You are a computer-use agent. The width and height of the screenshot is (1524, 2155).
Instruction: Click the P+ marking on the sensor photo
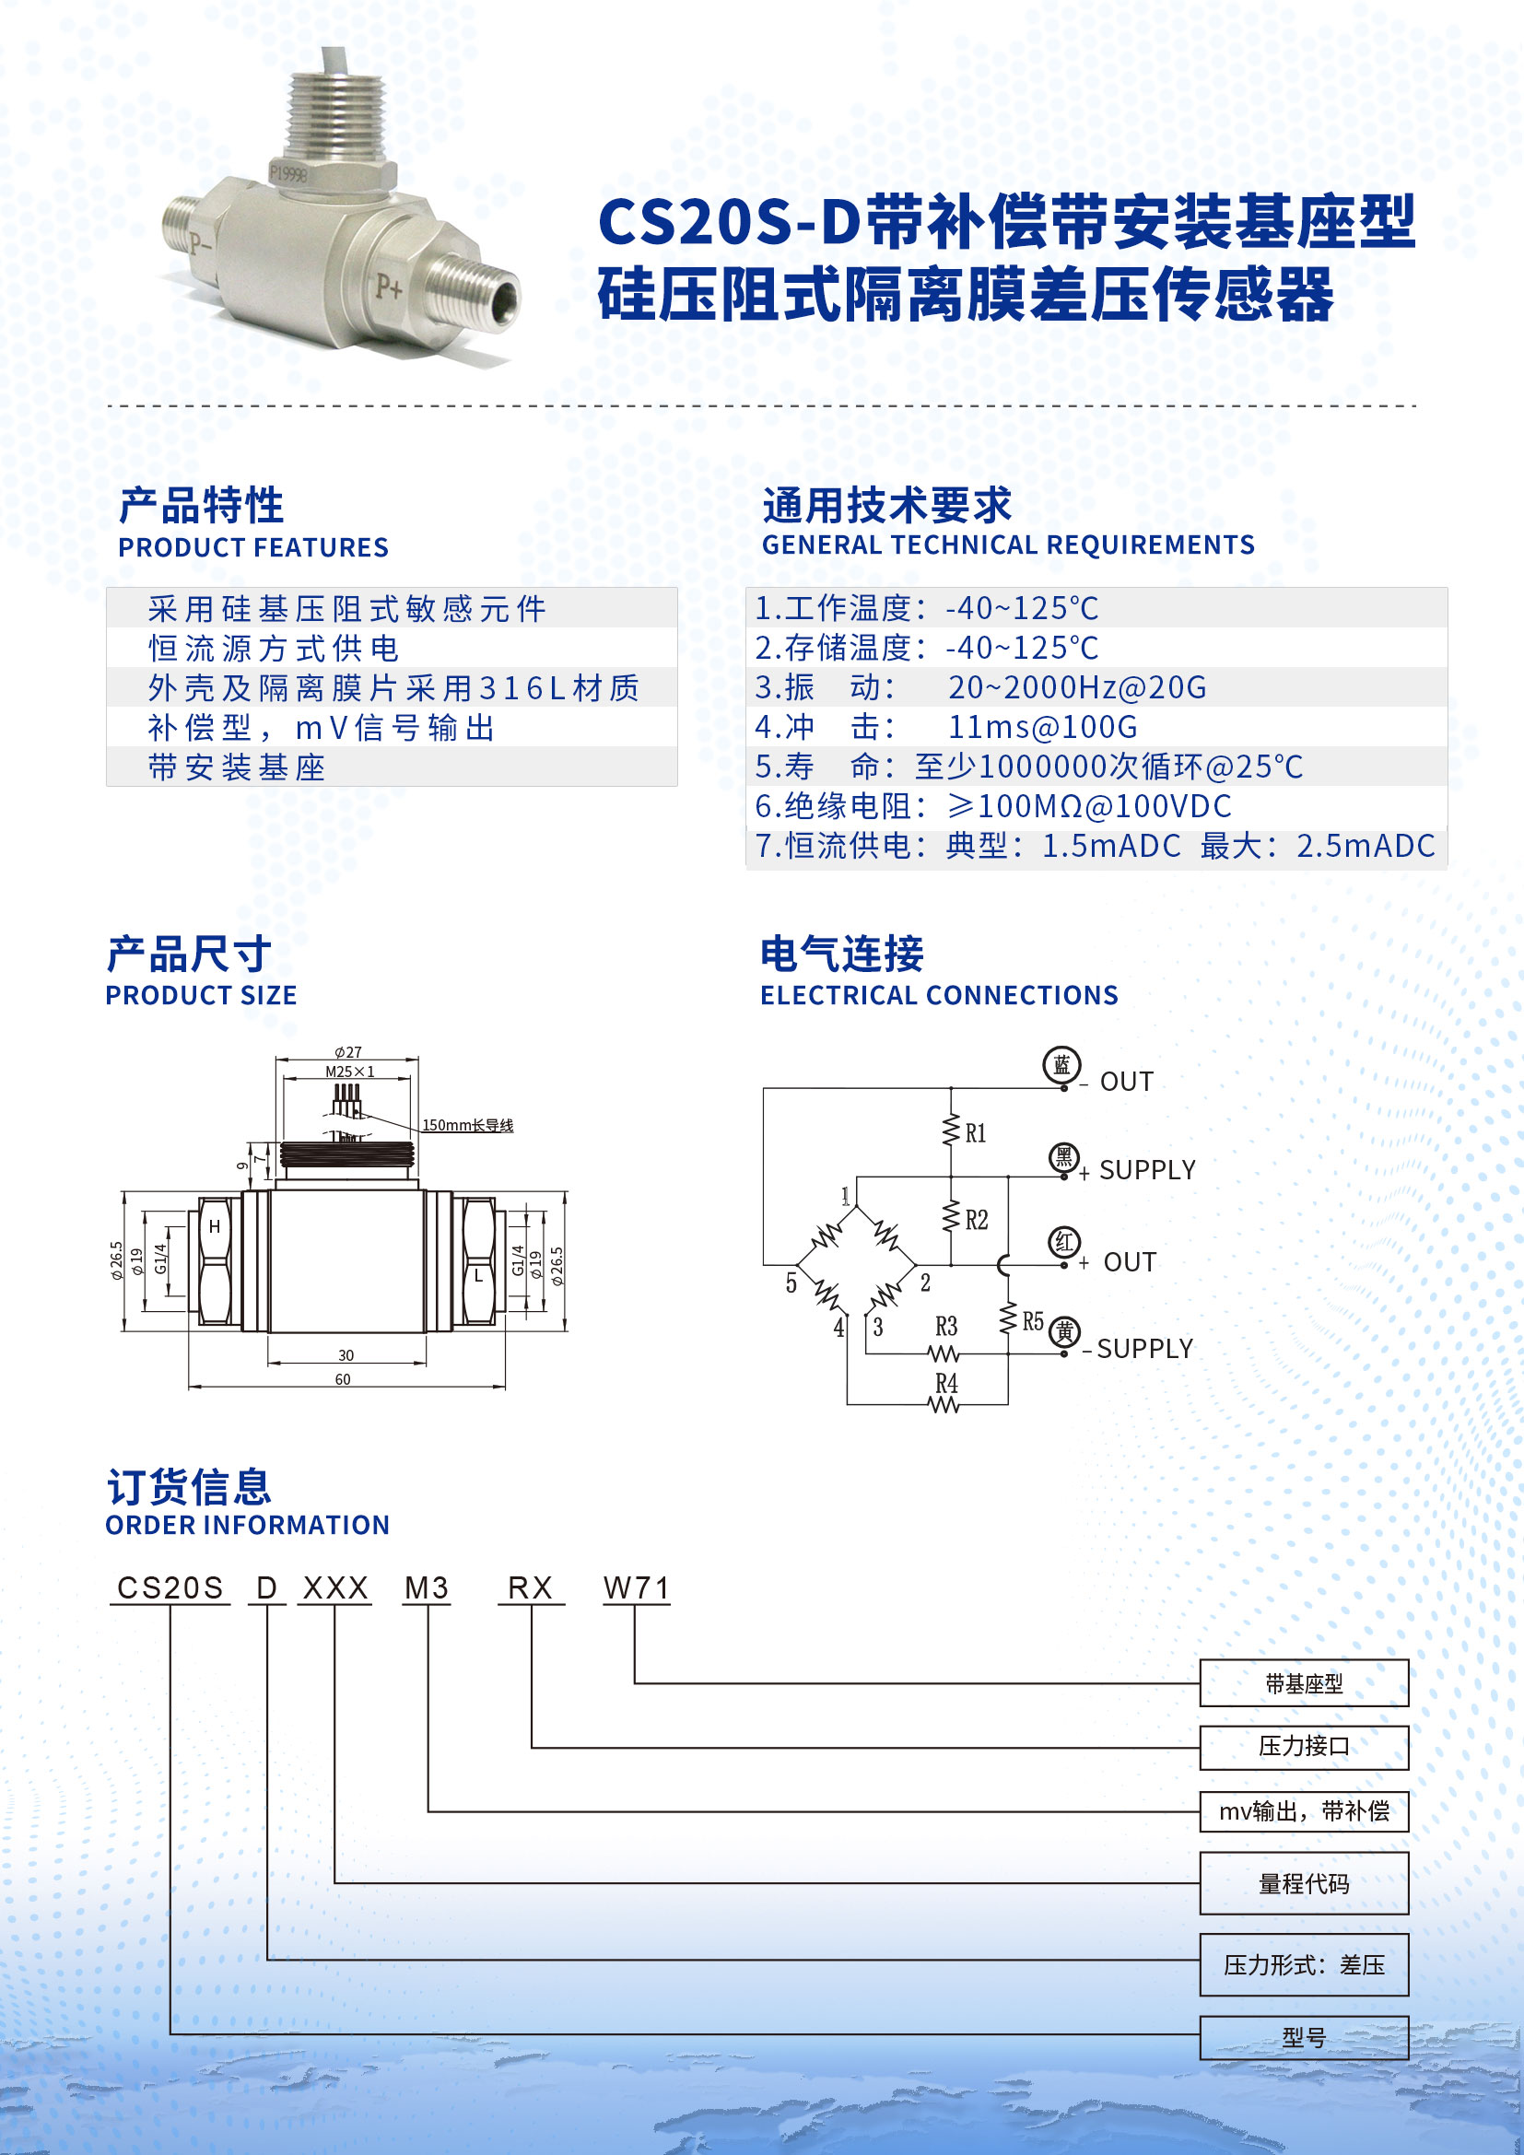tap(388, 287)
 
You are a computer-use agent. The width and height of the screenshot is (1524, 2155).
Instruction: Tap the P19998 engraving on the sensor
tap(288, 172)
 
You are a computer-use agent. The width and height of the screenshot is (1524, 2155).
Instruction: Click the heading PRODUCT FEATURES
tap(253, 547)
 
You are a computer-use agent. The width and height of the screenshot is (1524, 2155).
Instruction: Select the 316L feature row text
tap(393, 688)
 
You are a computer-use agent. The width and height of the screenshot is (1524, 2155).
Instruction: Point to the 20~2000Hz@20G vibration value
tap(1077, 687)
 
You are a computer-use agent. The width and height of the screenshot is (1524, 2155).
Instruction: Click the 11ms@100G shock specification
tap(1043, 726)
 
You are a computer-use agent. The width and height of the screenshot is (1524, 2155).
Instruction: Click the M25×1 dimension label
tap(349, 1071)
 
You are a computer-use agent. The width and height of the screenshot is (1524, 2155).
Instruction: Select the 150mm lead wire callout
tap(467, 1124)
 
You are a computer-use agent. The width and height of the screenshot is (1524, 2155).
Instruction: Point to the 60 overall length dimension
tap(343, 1379)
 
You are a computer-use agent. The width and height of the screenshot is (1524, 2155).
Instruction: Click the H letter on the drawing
tap(214, 1225)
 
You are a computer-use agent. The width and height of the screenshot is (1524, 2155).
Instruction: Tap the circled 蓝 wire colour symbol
tap(1061, 1065)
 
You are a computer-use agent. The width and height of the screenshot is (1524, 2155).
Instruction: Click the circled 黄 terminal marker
tap(1064, 1331)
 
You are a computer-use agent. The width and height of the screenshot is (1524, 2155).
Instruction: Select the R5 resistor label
tap(1032, 1321)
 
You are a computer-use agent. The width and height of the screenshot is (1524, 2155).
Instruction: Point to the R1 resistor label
tap(975, 1133)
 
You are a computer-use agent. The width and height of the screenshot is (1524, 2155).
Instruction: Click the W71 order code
tap(637, 1587)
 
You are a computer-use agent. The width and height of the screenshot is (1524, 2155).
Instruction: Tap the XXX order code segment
tap(335, 1587)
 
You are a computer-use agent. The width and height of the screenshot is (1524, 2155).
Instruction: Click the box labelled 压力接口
tap(1304, 1746)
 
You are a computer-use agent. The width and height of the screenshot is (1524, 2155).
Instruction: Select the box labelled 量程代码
tap(1304, 1883)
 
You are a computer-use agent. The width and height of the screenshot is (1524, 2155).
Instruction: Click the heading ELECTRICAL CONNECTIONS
tap(938, 995)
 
